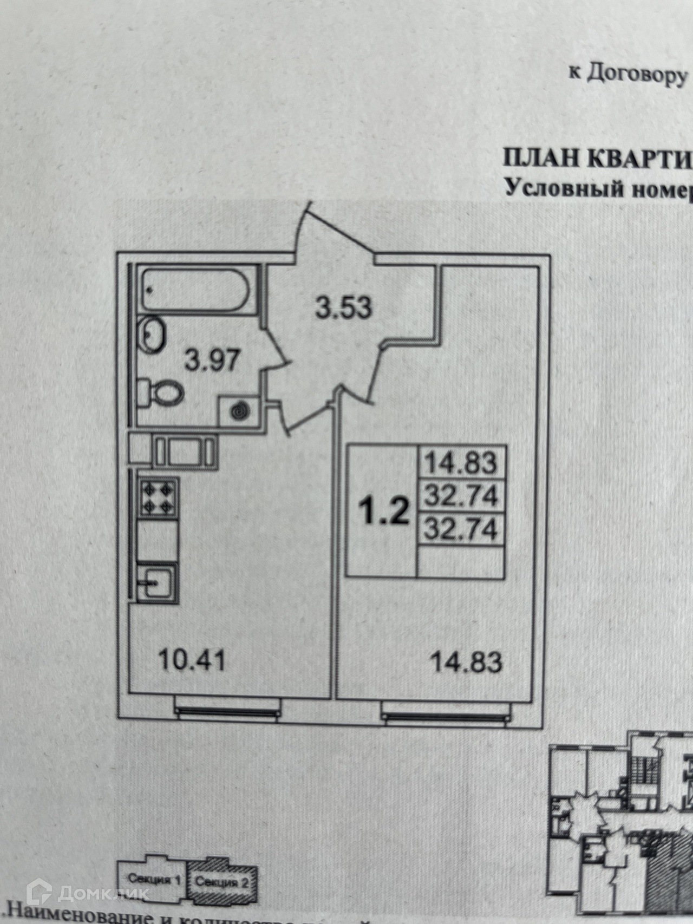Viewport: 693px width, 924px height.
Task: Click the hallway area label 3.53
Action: click(x=344, y=307)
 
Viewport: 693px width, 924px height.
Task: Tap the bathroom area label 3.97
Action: click(x=212, y=359)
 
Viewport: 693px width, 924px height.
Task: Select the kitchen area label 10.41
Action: click(x=192, y=661)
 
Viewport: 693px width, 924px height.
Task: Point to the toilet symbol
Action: click(x=162, y=392)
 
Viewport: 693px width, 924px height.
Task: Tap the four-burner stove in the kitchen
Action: click(x=158, y=498)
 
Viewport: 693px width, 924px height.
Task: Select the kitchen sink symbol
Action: click(x=156, y=583)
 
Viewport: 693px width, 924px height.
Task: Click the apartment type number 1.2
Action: click(x=385, y=512)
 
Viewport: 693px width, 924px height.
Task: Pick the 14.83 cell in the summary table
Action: click(x=460, y=463)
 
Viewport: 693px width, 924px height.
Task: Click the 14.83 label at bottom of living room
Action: click(x=466, y=662)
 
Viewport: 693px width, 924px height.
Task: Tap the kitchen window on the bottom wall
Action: click(x=227, y=710)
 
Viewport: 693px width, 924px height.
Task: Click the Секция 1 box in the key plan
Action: click(x=154, y=881)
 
